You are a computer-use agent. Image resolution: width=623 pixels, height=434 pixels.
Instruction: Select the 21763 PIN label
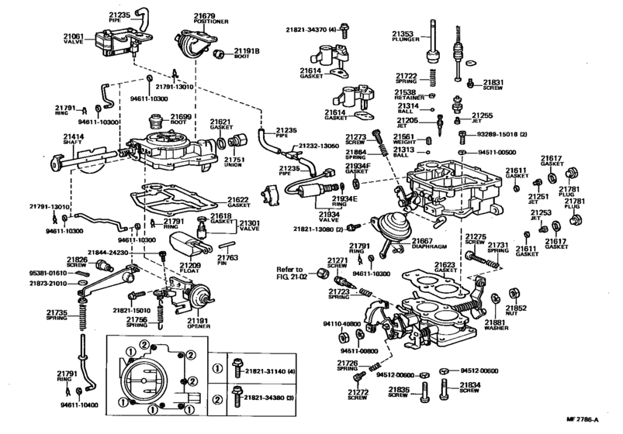pyautogui.click(x=227, y=261)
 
